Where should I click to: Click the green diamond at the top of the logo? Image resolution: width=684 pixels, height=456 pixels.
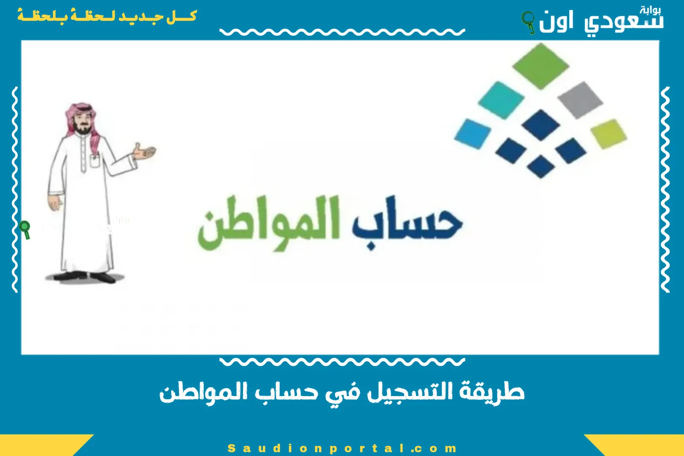coord(541,66)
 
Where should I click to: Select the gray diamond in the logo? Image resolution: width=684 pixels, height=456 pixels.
coord(580,100)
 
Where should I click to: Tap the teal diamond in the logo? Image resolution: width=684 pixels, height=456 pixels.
coord(501,100)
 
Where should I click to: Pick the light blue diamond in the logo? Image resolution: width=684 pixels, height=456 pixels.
coord(473,133)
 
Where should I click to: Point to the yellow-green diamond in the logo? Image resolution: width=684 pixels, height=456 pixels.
coord(608,133)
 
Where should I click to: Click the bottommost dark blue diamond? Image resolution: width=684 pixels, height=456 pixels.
coord(541,166)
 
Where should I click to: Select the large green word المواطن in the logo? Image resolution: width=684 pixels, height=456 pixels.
coord(269,224)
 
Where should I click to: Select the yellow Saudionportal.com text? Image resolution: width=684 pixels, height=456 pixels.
coord(342,448)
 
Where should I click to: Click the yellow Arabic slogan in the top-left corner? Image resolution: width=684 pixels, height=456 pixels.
coord(107,17)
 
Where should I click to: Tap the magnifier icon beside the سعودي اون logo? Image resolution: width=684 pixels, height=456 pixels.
coord(528,21)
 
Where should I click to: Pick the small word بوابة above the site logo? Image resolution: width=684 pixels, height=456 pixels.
coord(650,10)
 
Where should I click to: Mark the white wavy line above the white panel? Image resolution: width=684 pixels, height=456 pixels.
coord(342,32)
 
